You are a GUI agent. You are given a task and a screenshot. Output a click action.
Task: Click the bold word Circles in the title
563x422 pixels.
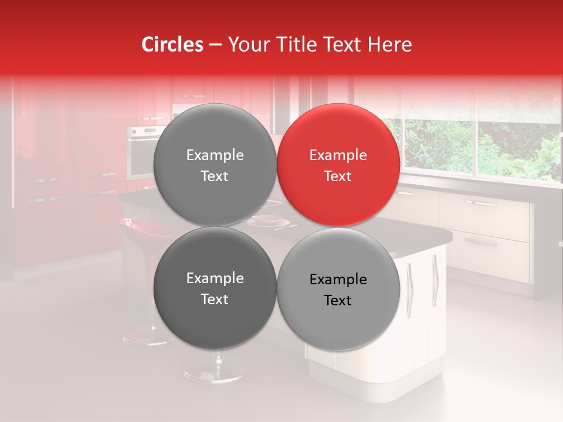(x=172, y=45)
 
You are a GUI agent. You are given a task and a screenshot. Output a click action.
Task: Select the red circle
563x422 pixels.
(x=338, y=165)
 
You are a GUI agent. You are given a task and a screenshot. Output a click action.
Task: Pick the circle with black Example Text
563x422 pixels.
(x=338, y=289)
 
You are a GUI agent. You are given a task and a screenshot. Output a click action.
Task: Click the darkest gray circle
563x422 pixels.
(x=215, y=288)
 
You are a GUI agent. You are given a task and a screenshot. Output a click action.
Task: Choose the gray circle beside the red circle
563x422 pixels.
(x=215, y=165)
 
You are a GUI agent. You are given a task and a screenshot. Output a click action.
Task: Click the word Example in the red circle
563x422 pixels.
(x=338, y=155)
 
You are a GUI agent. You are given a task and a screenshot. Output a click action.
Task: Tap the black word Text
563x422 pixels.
(x=338, y=301)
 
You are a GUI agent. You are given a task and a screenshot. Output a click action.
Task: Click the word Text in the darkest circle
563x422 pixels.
(x=215, y=300)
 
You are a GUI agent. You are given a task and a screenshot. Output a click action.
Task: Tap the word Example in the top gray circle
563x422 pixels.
(x=215, y=155)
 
